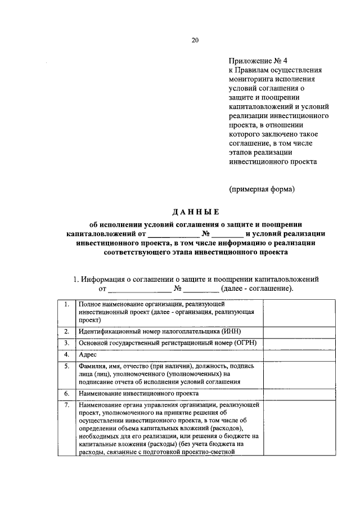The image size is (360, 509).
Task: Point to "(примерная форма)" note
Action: [261, 189]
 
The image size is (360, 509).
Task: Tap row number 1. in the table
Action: [67, 304]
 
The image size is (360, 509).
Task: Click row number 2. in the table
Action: [67, 331]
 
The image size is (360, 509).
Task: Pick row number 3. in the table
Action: [67, 343]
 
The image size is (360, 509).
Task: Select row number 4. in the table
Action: [67, 354]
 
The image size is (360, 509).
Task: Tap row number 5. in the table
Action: [67, 366]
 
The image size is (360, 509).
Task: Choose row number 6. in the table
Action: [67, 393]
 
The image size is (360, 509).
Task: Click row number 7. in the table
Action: [67, 405]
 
